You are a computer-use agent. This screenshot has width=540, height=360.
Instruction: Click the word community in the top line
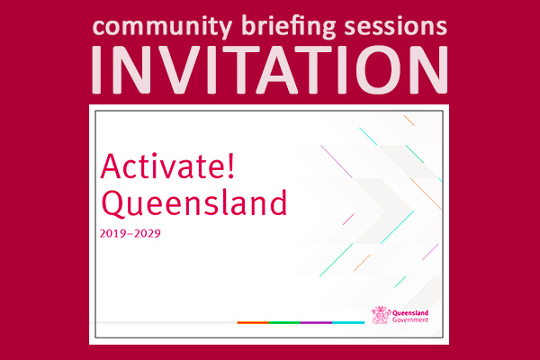(x=163, y=28)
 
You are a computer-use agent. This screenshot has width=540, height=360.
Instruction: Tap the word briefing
(x=289, y=27)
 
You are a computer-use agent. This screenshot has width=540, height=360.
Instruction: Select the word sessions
(x=395, y=27)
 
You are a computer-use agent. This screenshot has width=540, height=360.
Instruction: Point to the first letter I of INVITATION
(x=96, y=69)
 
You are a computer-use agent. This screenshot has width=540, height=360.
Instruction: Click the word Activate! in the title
(x=167, y=166)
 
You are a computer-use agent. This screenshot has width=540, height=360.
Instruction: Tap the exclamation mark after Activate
(x=231, y=166)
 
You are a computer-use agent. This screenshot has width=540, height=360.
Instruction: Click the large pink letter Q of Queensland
(x=113, y=203)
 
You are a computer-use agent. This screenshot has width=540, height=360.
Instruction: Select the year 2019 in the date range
(x=112, y=234)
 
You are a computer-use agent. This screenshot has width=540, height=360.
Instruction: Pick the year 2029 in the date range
(x=148, y=234)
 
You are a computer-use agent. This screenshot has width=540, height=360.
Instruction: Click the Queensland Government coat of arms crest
(x=381, y=315)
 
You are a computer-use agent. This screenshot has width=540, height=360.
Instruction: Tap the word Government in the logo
(x=410, y=319)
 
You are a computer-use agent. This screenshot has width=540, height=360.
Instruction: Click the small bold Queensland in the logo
(x=410, y=313)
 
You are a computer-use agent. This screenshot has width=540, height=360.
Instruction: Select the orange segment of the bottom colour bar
(x=253, y=323)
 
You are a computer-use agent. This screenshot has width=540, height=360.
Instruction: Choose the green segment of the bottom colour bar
(x=284, y=323)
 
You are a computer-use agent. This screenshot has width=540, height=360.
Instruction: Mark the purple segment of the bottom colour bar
(x=316, y=323)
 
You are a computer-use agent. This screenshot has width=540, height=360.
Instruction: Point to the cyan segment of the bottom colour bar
(x=348, y=323)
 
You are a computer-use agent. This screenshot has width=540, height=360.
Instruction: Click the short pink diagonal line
(x=348, y=220)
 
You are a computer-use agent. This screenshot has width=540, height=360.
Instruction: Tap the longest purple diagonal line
(x=337, y=162)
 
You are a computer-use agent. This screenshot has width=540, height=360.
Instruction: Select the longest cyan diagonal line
(x=397, y=228)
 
